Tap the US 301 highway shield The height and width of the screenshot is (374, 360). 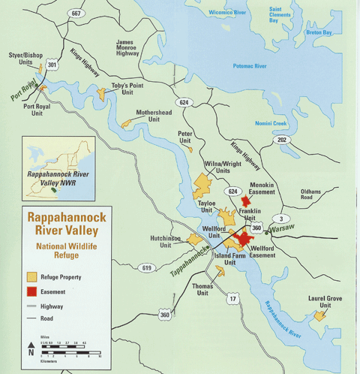[x=51, y=66]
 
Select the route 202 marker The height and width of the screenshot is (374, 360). [x=281, y=140]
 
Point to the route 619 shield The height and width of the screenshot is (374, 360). [x=146, y=267]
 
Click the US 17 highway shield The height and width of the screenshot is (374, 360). [x=233, y=299]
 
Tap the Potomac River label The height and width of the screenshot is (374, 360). [x=250, y=67]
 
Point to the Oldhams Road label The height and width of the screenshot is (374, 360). [x=310, y=195]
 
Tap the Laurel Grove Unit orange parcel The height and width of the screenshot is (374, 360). [x=320, y=315]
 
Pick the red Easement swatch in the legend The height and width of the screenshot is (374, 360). [x=33, y=291]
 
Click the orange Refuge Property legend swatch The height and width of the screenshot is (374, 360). [x=33, y=276]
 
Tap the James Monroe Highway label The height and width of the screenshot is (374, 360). [x=127, y=49]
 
